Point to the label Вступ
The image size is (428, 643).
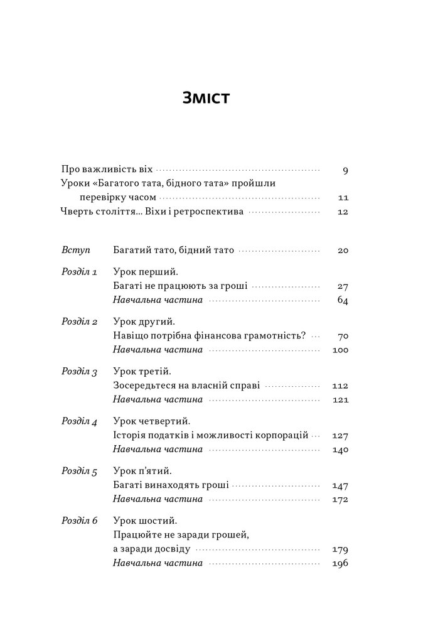pyautogui.click(x=77, y=250)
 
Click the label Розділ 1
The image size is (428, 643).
pyautogui.click(x=79, y=273)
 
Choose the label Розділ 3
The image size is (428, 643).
pyautogui.click(x=79, y=372)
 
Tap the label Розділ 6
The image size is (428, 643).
pyautogui.click(x=79, y=521)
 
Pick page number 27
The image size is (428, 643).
pyautogui.click(x=342, y=286)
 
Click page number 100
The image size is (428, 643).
pyautogui.click(x=340, y=350)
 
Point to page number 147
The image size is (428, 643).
pyautogui.click(x=340, y=485)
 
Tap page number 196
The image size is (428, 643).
pyautogui.click(x=340, y=563)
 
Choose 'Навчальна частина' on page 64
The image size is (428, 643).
pyautogui.click(x=158, y=300)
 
